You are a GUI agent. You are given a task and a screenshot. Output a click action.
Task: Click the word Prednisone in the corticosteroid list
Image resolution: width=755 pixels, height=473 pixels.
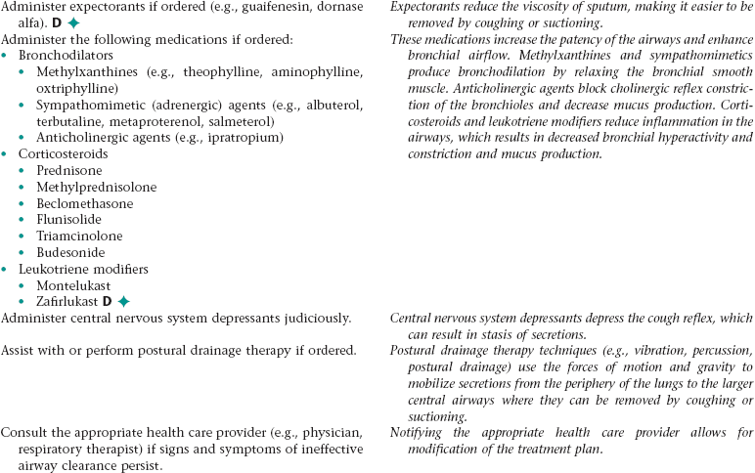click(70, 170)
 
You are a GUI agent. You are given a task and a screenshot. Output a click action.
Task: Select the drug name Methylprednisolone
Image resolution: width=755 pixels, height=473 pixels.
click(96, 187)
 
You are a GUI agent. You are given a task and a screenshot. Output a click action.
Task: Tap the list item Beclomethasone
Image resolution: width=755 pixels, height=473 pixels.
click(85, 203)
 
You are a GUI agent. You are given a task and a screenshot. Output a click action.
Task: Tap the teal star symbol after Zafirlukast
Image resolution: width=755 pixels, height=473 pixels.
click(123, 301)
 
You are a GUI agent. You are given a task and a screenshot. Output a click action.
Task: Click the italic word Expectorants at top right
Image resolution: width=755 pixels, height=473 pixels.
click(426, 6)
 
